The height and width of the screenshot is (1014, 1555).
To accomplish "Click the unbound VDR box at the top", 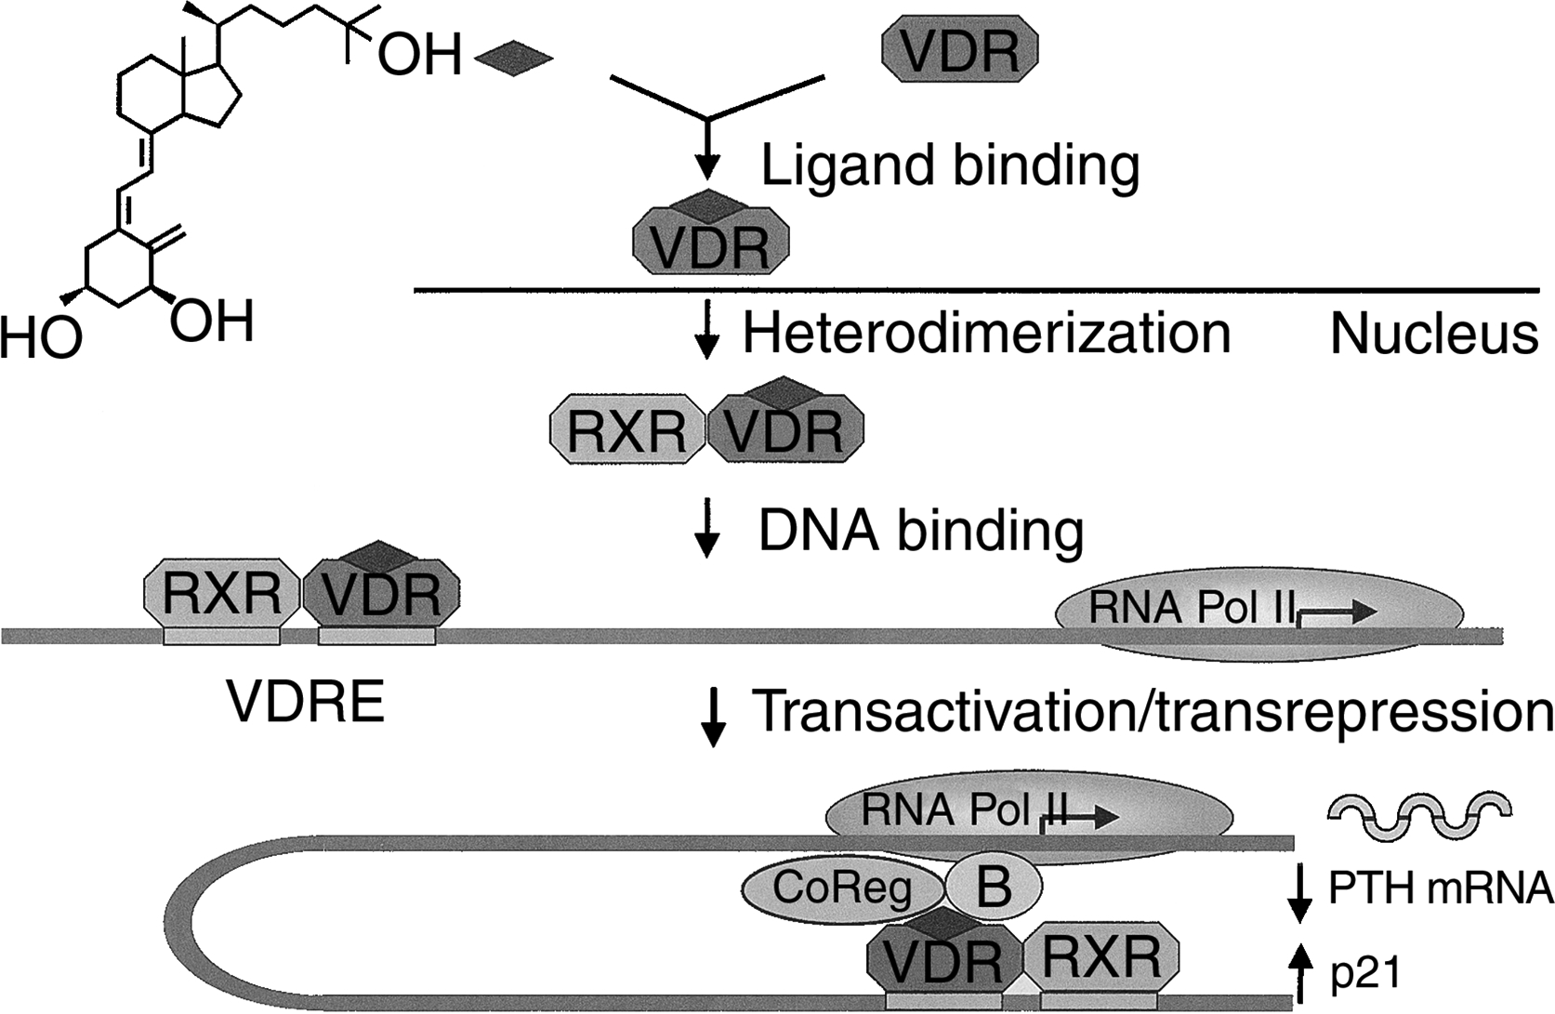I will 959,50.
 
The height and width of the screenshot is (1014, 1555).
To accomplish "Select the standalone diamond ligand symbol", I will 513,59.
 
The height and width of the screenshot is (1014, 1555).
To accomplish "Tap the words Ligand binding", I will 950,166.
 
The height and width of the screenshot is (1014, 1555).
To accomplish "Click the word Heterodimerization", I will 986,333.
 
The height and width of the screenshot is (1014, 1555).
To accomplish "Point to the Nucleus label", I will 1433,333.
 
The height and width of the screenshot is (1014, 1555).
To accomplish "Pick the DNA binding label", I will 921,531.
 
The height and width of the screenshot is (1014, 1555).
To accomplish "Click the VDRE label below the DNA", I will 306,703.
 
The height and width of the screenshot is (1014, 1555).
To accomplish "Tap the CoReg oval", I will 842,889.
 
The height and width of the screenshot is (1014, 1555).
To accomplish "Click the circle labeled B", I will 994,886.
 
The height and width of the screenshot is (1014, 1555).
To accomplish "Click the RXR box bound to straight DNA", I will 221,593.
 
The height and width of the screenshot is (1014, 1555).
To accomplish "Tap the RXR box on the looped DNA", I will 1101,957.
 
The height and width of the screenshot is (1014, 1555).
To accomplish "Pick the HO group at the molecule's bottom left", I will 41,337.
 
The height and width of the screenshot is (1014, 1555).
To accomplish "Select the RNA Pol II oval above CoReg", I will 1029,813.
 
